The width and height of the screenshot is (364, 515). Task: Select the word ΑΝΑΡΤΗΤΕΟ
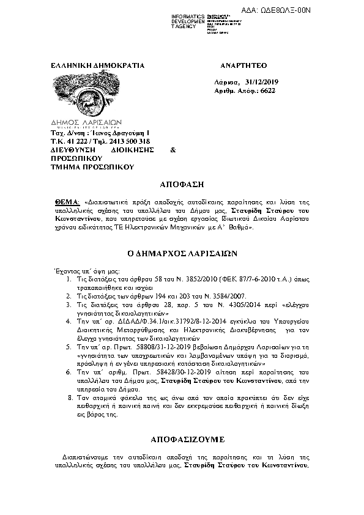[x=242, y=65]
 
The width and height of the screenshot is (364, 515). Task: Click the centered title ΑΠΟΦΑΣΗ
[x=181, y=183]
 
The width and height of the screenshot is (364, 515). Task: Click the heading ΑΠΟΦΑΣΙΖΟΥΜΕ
[x=181, y=439]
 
